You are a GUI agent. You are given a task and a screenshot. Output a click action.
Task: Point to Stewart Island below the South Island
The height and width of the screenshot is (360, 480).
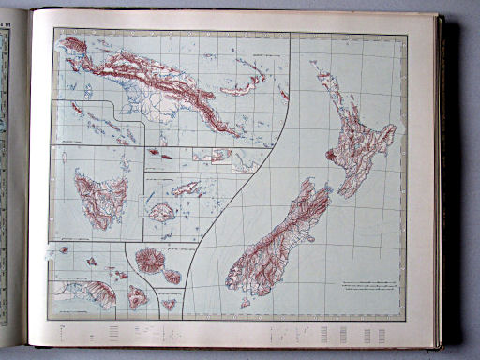click(x=245, y=303)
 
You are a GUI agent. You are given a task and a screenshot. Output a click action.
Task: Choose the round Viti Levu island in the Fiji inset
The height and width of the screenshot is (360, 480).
click(x=161, y=212)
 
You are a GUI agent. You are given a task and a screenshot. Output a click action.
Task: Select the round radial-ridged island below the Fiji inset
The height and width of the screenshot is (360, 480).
click(x=150, y=258)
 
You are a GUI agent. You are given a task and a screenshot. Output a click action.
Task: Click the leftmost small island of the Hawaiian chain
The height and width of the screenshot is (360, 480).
click(x=64, y=249)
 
